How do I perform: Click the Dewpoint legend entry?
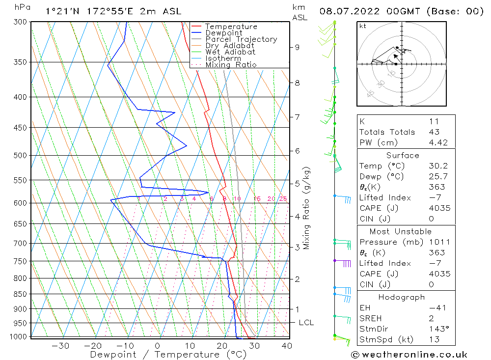pyautogui.click(x=223, y=33)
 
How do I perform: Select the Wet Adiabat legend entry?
pyautogui.click(x=230, y=52)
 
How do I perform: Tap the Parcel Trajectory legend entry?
pyautogui.click(x=241, y=39)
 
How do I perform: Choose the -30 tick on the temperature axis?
pyautogui.click(x=60, y=346)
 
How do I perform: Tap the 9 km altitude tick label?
pyautogui.click(x=297, y=47)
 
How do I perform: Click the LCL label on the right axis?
pyautogui.click(x=306, y=323)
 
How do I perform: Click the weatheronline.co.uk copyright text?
pyautogui.click(x=409, y=355)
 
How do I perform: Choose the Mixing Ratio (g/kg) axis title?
pyautogui.click(x=307, y=208)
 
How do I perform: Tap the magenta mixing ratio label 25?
pyautogui.click(x=283, y=199)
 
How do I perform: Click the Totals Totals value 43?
pyautogui.click(x=434, y=132)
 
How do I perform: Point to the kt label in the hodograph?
pyautogui.click(x=363, y=26)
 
